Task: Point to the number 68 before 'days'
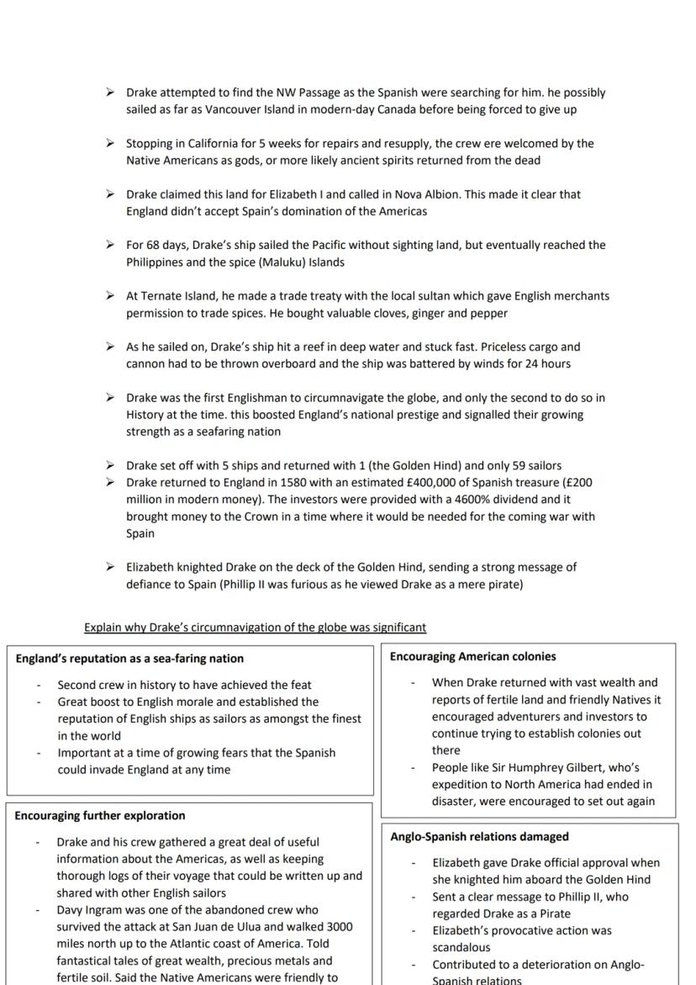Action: (x=153, y=245)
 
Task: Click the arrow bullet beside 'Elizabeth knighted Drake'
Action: (x=110, y=567)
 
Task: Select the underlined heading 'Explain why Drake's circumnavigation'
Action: (x=255, y=627)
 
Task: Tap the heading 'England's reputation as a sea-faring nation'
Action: (x=129, y=659)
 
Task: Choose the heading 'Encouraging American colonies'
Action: (x=472, y=656)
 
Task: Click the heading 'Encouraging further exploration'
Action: (x=100, y=815)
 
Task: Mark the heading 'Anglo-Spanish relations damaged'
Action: (x=479, y=836)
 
